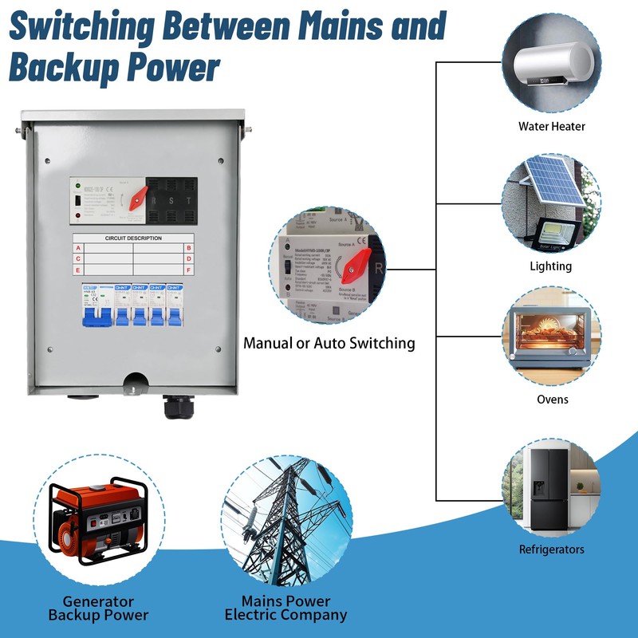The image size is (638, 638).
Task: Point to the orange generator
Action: tap(98, 514)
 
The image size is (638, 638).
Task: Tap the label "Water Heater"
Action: tap(551, 126)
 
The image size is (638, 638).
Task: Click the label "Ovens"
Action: tap(551, 399)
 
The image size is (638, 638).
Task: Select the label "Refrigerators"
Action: tap(551, 549)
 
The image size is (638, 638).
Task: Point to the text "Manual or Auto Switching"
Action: tap(329, 343)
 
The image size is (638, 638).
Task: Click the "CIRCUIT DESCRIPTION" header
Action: tap(133, 238)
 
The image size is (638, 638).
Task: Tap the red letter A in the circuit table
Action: tap(77, 248)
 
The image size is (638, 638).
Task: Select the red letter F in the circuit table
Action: tap(189, 270)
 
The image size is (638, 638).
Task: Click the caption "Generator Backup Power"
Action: tap(98, 608)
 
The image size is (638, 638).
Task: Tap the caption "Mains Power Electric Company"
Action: tap(286, 608)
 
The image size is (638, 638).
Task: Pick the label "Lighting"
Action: tap(551, 266)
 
